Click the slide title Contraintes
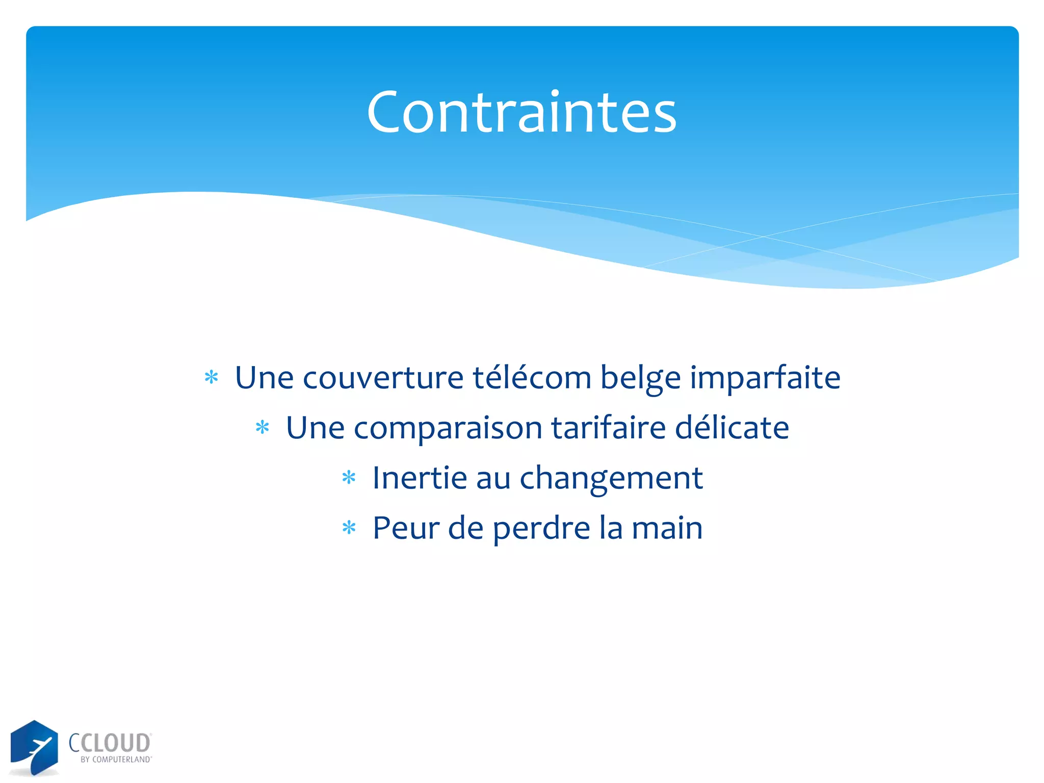tap(521, 112)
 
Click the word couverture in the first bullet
tap(383, 378)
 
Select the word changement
tap(611, 479)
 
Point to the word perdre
tap(541, 529)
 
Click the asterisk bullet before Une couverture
tap(211, 378)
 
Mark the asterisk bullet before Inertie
tap(349, 478)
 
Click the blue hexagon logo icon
tap(34, 747)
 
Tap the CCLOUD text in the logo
tap(110, 743)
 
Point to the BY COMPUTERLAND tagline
tap(116, 760)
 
